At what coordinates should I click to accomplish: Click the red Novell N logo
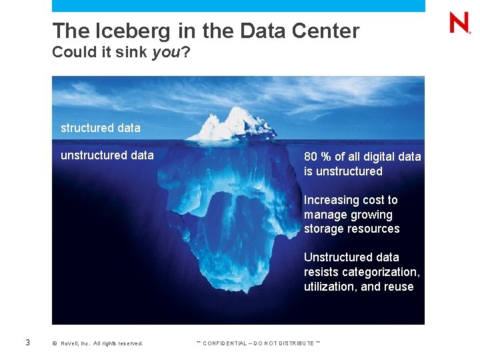coord(459,23)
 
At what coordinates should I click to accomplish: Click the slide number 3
coord(27,343)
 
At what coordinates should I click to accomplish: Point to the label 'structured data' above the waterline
coord(100,127)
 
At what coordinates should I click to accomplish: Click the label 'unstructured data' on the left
coord(107,155)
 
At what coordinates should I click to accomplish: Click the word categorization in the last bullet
coord(380,272)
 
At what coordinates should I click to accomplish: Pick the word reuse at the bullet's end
coord(399,287)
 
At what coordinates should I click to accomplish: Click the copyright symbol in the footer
coord(54,343)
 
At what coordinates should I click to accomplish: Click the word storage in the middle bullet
coord(323,229)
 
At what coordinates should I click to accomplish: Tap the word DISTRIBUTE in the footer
coord(294,343)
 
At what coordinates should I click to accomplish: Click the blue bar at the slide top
coord(238,5)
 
